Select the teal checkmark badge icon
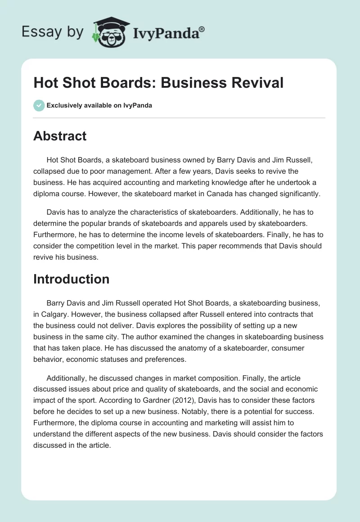tap(39, 105)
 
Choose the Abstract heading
tap(60, 136)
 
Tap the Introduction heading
tap(71, 279)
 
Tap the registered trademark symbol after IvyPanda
tap(202, 28)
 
